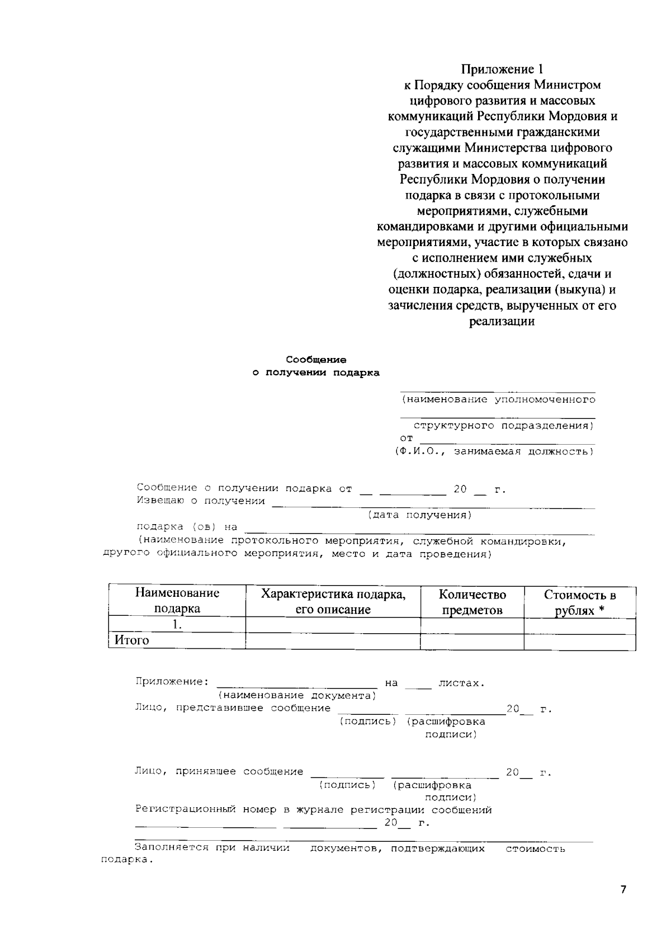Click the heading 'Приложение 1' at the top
[502, 69]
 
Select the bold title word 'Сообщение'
[316, 360]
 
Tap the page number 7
[623, 890]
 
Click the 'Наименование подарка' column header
[177, 601]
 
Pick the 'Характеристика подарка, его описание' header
[333, 601]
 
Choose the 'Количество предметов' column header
[472, 601]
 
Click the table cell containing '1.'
[177, 625]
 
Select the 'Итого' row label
[132, 640]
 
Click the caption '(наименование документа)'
[297, 695]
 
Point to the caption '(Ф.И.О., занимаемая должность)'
[495, 451]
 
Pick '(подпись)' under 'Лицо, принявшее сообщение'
[347, 785]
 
